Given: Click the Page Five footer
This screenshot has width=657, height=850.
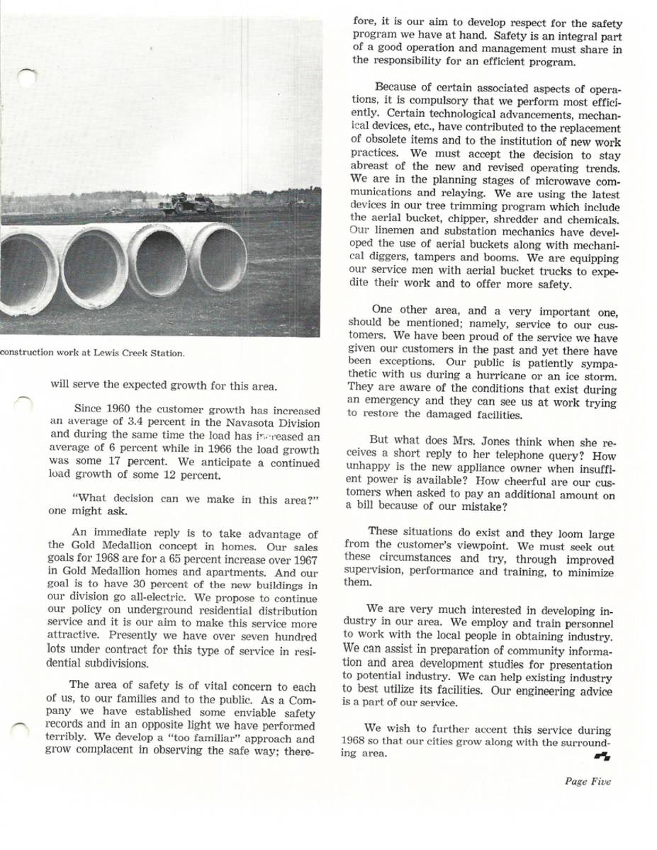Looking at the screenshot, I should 588,782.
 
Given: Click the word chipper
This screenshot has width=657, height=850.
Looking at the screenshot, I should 471,220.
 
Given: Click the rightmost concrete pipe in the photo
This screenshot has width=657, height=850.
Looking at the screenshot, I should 218,259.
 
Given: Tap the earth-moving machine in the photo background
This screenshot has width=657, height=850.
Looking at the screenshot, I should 186,204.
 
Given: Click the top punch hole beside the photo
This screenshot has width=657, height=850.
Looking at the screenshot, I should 26,76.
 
